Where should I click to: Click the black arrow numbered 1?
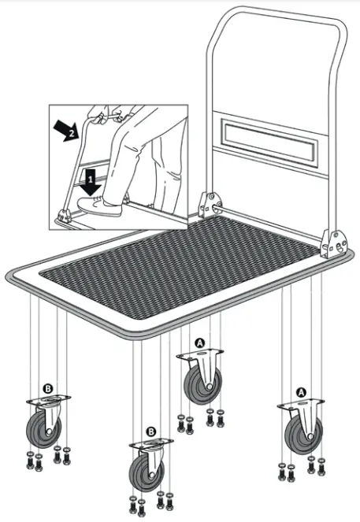coord(91,180)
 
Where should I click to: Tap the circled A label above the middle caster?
coord(200,343)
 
